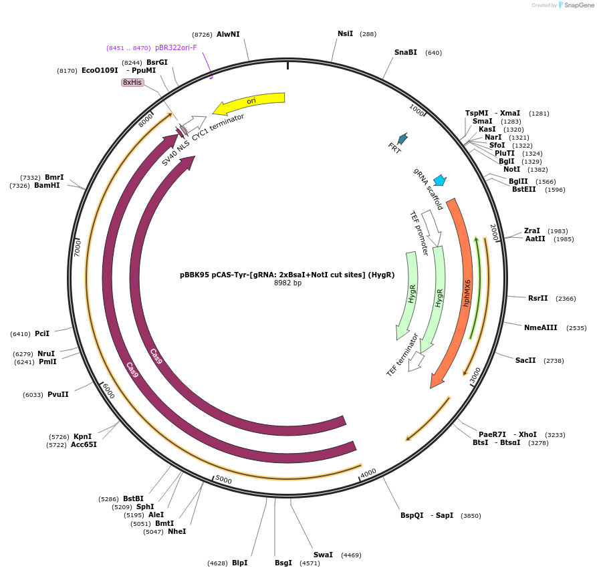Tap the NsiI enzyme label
pos(345,33)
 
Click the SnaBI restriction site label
pos(405,52)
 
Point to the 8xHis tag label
pos(132,82)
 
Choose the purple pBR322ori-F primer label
pos(176,47)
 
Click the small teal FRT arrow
pos(402,138)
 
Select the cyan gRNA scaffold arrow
pos(440,180)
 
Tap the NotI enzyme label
pos(511,169)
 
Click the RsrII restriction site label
pos(538,298)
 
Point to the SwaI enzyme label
pos(323,555)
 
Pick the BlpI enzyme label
pos(240,563)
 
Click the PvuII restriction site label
pos(58,394)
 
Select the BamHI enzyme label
pos(47,185)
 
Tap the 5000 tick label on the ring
pos(223,480)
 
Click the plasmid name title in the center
pos(287,275)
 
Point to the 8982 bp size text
pos(287,283)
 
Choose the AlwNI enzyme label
pos(228,34)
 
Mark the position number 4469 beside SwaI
pos(351,555)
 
